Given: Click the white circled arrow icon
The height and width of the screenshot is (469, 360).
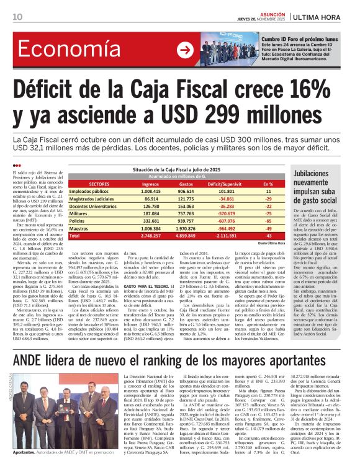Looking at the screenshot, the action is point(184,50).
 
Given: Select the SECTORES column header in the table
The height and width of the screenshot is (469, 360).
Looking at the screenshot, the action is point(99,184).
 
